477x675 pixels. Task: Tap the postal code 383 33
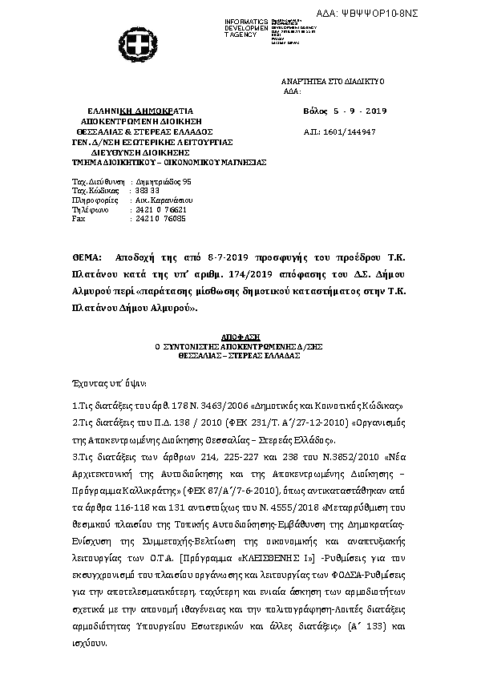click(142, 191)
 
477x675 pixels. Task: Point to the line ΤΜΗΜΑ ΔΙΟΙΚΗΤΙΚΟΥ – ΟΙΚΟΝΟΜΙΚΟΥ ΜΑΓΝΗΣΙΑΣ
click(157, 160)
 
